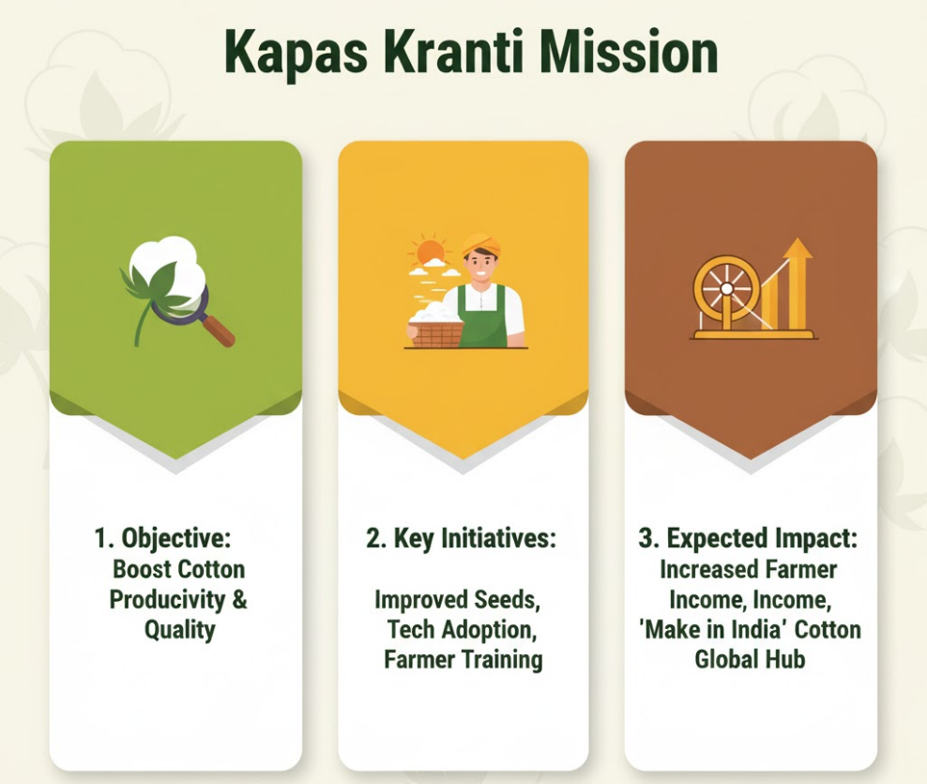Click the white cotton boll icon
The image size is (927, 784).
click(x=172, y=269)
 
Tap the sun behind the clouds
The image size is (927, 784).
click(x=429, y=252)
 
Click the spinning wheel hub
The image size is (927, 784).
click(x=726, y=289)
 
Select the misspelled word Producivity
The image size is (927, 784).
click(x=167, y=599)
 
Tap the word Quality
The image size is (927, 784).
click(x=179, y=630)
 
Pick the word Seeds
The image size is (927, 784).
click(x=507, y=600)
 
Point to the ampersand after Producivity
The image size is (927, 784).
click(x=239, y=599)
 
